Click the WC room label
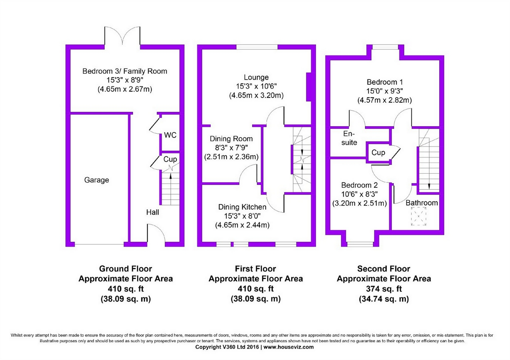point(170,135)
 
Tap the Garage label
point(96,180)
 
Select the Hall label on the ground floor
point(153,212)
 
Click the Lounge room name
point(256,77)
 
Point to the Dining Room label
point(231,139)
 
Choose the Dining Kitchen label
point(242,207)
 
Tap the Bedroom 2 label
point(359,185)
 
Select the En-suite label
point(349,138)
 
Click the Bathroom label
point(422,203)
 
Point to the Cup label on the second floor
point(378,153)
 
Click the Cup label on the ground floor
point(170,159)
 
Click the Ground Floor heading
point(125,269)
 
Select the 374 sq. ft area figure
point(383,289)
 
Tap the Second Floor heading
point(383,269)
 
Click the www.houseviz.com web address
point(288,347)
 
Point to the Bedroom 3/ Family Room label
point(125,71)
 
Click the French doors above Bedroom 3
point(122,36)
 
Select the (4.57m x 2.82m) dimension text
point(385,100)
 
